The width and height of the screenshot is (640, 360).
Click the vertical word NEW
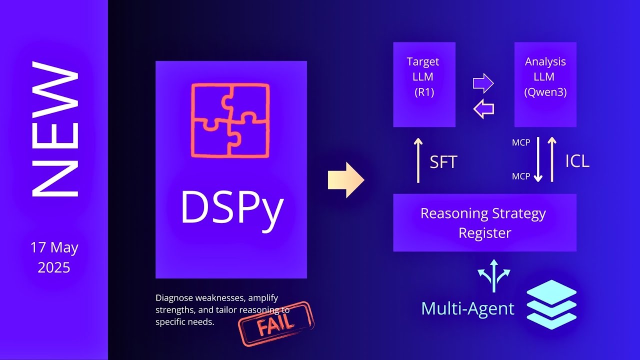(55, 128)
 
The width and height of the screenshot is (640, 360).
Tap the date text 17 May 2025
(54, 257)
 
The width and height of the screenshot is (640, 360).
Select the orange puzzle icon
(230, 120)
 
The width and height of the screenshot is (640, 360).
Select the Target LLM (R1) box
(424, 84)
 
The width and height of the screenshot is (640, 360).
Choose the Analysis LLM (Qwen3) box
(545, 84)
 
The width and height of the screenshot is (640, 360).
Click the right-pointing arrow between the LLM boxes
(483, 83)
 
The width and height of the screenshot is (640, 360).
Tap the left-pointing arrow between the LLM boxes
(483, 108)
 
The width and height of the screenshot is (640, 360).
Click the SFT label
(443, 161)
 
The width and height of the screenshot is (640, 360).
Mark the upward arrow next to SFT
(418, 160)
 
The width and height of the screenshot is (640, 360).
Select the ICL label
(577, 161)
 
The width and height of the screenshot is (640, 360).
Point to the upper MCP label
(521, 143)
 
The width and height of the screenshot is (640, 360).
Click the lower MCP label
(521, 176)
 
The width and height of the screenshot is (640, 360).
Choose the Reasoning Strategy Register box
(484, 222)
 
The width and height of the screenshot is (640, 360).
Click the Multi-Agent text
(467, 308)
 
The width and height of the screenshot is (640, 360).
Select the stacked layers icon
(551, 304)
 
